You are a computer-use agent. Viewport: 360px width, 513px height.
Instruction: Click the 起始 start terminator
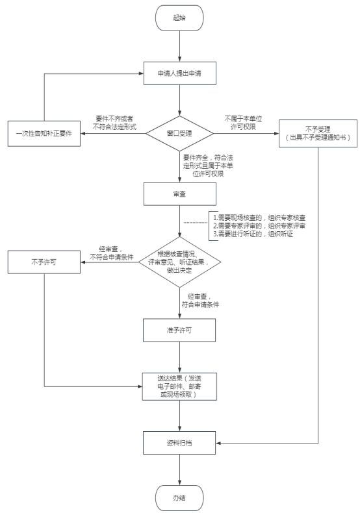point(179,18)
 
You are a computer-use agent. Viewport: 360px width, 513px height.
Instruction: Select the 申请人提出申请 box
point(179,73)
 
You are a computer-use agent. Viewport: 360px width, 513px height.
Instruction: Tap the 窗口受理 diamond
point(179,133)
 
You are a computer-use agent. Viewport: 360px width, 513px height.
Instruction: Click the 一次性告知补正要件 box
point(44,134)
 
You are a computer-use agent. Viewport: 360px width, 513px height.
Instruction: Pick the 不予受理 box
point(318,134)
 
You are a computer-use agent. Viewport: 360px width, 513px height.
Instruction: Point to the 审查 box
point(179,194)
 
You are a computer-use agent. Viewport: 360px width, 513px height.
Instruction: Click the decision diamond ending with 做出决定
point(179,262)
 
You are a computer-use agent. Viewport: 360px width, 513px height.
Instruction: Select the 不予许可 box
point(44,262)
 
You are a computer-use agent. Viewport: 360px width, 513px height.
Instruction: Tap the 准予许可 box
point(179,331)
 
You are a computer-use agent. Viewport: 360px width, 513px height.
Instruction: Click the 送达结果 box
point(179,386)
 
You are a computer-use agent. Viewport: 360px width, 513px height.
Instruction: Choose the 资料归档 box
point(179,443)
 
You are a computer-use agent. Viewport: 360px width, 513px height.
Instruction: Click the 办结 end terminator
point(179,498)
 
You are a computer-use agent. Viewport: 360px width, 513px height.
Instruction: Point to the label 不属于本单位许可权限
point(243,123)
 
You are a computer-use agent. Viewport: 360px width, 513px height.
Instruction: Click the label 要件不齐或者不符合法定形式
point(114,123)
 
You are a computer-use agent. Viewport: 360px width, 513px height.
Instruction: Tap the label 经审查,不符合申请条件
point(111,253)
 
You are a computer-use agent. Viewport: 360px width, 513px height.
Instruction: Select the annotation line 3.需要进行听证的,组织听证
point(253,234)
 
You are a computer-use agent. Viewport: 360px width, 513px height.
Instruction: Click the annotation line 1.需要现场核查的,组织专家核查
point(259,218)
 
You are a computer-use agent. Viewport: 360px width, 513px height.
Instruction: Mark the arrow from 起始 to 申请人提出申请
point(179,46)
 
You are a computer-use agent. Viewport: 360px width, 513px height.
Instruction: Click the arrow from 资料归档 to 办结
point(179,469)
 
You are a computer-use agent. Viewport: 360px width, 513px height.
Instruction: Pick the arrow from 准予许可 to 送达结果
point(179,357)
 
